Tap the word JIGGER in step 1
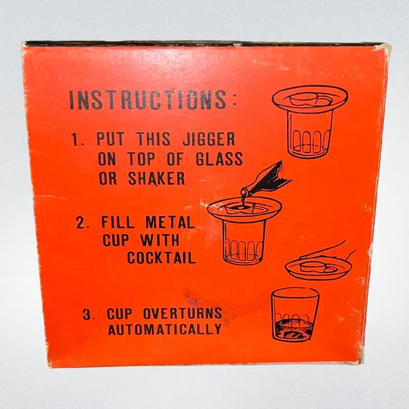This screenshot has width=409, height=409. [x=208, y=139]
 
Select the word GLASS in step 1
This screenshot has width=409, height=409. [x=219, y=159]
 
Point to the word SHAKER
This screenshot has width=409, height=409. [x=157, y=178]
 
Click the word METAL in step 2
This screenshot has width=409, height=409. [x=170, y=222]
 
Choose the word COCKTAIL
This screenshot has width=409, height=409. [x=162, y=258]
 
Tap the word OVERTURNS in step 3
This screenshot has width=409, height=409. [x=182, y=313]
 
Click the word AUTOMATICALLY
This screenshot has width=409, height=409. [x=164, y=329]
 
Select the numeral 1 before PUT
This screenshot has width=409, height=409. [x=76, y=140]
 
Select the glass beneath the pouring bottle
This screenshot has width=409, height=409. [x=244, y=243]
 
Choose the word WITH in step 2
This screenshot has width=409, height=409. [x=160, y=240]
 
